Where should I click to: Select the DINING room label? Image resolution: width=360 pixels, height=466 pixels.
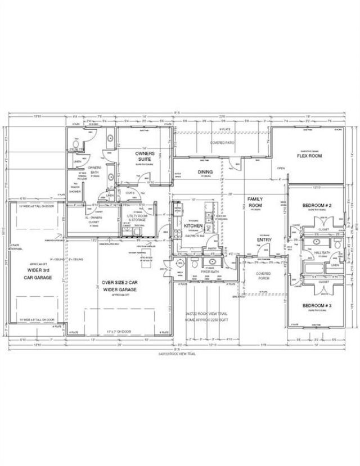tap(204, 172)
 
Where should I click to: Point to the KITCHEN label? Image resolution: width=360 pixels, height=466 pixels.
tap(193, 225)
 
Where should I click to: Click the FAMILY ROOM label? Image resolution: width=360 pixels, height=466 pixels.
tap(255, 202)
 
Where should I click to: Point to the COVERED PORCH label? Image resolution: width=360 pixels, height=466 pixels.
tap(264, 277)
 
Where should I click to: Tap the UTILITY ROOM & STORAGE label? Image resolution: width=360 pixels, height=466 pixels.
tap(137, 218)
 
